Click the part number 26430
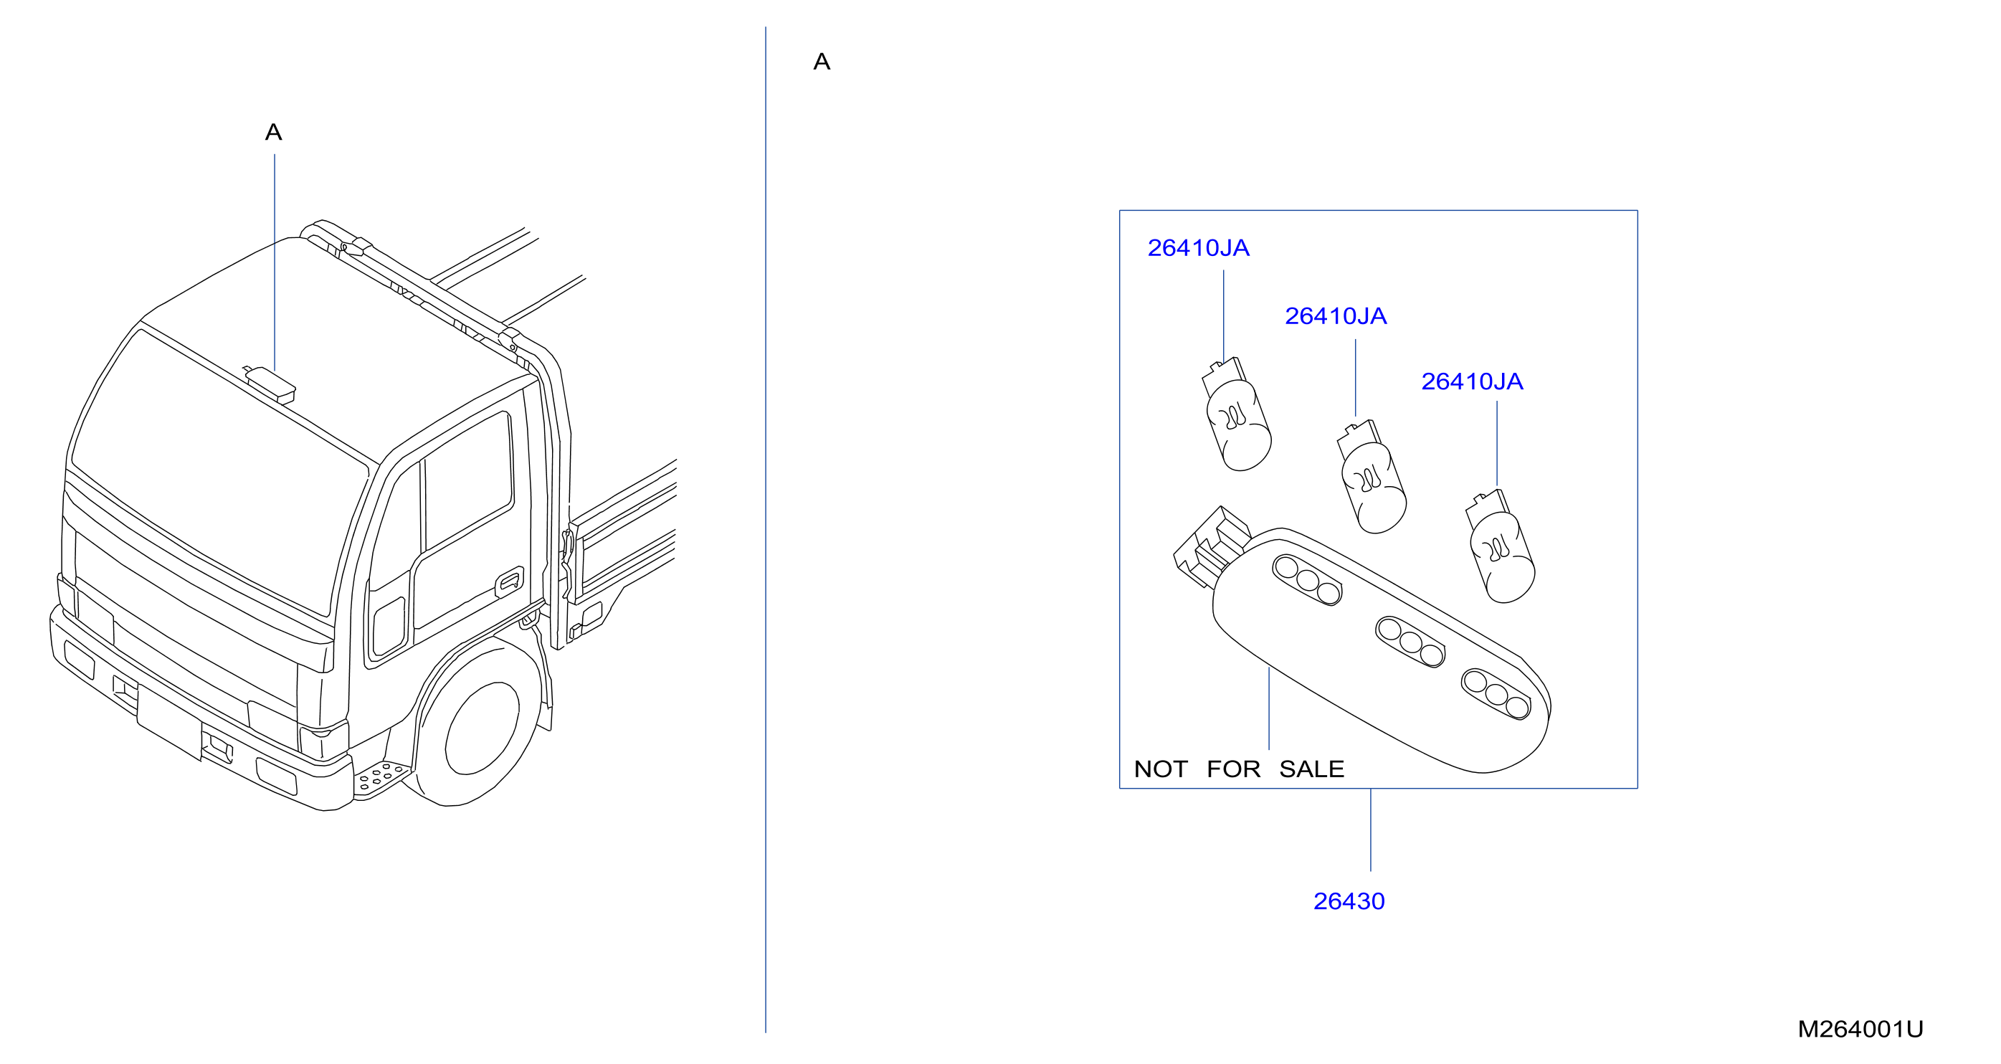[x=1349, y=901]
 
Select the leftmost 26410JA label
[x=1198, y=248]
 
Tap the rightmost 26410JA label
[x=1472, y=381]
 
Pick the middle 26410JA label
[x=1335, y=316]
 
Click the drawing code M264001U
[x=1860, y=1029]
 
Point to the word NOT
[x=1161, y=769]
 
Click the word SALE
[x=1311, y=769]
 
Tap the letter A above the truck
[x=273, y=132]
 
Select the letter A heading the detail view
[x=822, y=62]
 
